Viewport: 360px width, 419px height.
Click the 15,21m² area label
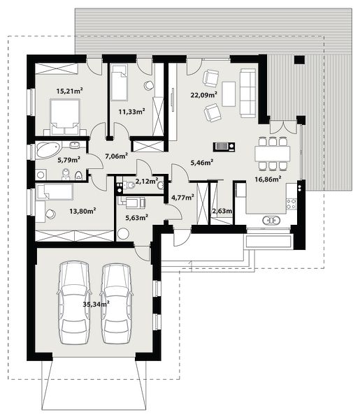point(69,91)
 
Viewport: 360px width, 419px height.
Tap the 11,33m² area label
point(132,112)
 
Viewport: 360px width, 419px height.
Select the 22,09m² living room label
point(203,94)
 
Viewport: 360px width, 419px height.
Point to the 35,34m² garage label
point(96,304)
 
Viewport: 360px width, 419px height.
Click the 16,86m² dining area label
point(268,179)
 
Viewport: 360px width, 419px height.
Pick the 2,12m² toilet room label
point(147,182)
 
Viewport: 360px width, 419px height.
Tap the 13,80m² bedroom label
point(82,212)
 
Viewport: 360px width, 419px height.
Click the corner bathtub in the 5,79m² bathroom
point(48,150)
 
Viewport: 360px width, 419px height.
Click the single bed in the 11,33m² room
point(120,82)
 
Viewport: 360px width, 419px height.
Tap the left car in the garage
point(73,303)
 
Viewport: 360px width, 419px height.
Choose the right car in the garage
point(116,303)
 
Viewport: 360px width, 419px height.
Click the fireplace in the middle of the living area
point(224,147)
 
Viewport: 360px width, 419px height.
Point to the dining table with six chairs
point(273,154)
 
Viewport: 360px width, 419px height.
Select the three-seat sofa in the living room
point(247,93)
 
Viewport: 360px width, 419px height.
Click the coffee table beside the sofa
point(229,94)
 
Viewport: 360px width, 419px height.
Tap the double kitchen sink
point(271,221)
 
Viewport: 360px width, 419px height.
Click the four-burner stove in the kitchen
point(291,204)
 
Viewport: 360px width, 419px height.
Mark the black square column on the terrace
point(300,59)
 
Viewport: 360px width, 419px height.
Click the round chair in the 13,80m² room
point(50,214)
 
